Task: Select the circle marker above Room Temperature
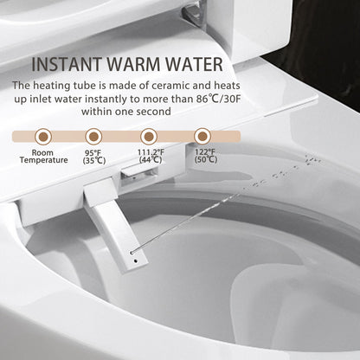tap(42, 135)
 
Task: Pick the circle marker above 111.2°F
tap(148, 135)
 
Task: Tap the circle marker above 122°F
tap(202, 135)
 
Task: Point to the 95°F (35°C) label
tap(95, 157)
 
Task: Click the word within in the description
tap(100, 111)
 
